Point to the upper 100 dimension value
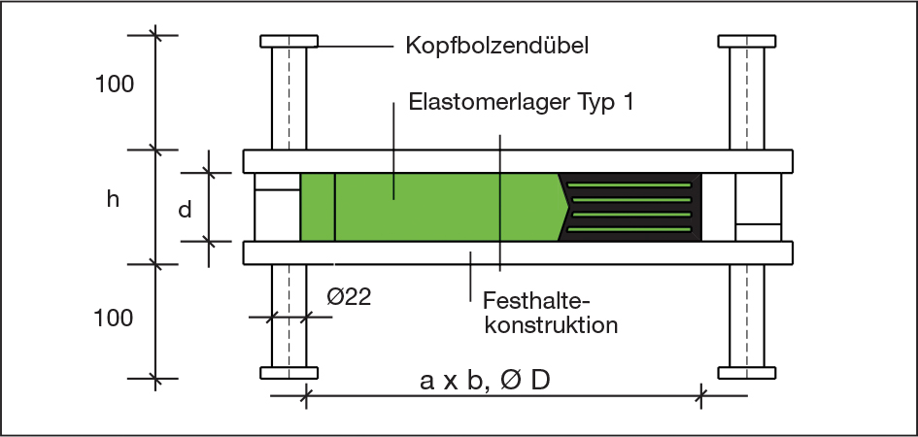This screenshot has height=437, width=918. (115, 84)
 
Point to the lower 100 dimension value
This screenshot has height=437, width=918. (115, 318)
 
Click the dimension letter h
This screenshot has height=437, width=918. (114, 200)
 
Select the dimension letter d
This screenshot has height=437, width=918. (185, 208)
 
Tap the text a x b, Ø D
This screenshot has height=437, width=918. (485, 381)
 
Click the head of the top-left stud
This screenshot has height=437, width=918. (289, 42)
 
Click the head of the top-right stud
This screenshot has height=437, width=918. (746, 42)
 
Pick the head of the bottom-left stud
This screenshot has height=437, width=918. (289, 372)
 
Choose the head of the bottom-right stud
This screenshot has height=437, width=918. (746, 372)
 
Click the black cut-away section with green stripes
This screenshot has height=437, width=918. (631, 206)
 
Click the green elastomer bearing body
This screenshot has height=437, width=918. (447, 207)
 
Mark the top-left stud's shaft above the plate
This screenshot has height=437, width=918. (289, 97)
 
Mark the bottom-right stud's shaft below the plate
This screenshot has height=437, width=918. (746, 315)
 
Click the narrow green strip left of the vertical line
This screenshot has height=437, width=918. (317, 207)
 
